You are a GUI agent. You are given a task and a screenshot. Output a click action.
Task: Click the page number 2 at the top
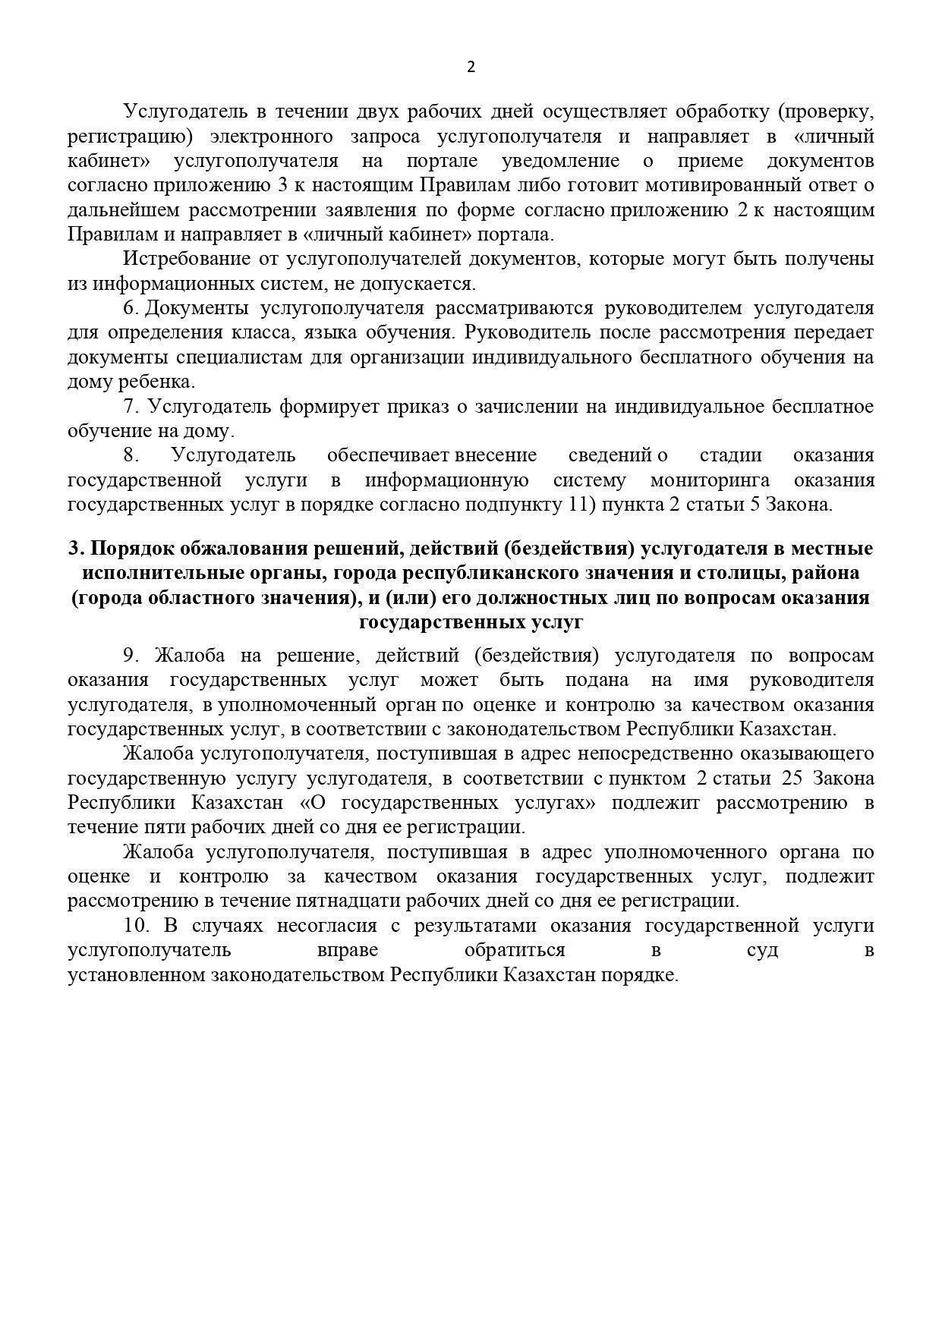471,67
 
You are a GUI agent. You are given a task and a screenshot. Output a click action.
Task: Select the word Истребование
187,259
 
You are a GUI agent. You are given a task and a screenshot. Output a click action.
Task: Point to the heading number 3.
74,549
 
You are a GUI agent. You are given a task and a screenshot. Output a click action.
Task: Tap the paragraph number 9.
129,656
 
